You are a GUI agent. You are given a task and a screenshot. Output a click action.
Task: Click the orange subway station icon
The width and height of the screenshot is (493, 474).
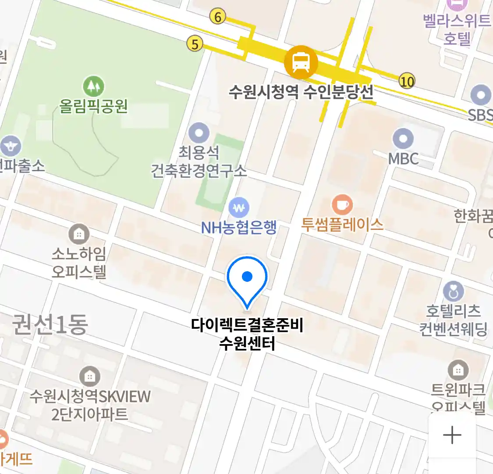(x=301, y=62)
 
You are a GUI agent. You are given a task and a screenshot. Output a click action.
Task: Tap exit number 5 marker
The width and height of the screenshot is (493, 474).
(x=195, y=44)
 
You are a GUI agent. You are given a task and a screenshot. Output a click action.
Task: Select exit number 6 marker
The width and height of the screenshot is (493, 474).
(x=218, y=17)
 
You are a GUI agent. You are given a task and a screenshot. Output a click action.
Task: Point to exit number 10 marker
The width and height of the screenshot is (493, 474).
(x=407, y=81)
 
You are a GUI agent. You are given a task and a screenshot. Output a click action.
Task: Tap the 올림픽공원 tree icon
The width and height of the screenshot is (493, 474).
(x=93, y=86)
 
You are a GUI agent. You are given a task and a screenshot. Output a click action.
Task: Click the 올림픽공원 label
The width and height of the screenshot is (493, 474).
(x=93, y=106)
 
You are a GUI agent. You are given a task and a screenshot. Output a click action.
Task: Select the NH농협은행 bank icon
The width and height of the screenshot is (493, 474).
(x=239, y=208)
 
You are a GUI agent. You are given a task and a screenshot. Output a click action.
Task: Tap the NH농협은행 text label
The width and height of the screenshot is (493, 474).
(x=239, y=227)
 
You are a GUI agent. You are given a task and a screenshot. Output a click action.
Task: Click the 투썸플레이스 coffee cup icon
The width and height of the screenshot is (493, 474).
(x=342, y=205)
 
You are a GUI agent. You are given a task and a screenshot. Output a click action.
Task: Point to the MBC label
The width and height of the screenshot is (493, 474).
(x=404, y=159)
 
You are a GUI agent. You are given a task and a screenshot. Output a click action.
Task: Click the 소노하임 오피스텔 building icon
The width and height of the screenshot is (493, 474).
(x=79, y=234)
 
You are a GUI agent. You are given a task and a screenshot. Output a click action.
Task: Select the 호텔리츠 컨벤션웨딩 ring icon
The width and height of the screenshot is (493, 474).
(x=453, y=291)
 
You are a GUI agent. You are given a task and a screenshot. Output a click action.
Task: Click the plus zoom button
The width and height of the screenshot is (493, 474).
(x=452, y=435)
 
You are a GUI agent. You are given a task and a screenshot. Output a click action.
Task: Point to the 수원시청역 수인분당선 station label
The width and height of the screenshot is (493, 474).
(x=301, y=92)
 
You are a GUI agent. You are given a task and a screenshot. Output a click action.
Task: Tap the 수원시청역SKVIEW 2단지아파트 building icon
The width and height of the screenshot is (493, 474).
(x=90, y=377)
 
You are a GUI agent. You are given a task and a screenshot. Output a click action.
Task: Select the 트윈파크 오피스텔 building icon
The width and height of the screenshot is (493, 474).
(x=458, y=370)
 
